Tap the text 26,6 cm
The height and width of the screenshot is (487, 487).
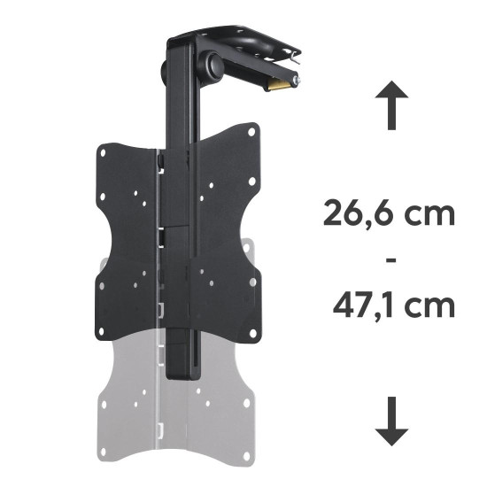(389, 215)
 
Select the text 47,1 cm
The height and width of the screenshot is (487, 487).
(389, 306)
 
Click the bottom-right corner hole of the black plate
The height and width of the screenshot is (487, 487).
(253, 284)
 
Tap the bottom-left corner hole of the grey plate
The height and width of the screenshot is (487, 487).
(104, 407)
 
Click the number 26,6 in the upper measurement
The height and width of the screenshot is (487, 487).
(363, 215)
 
